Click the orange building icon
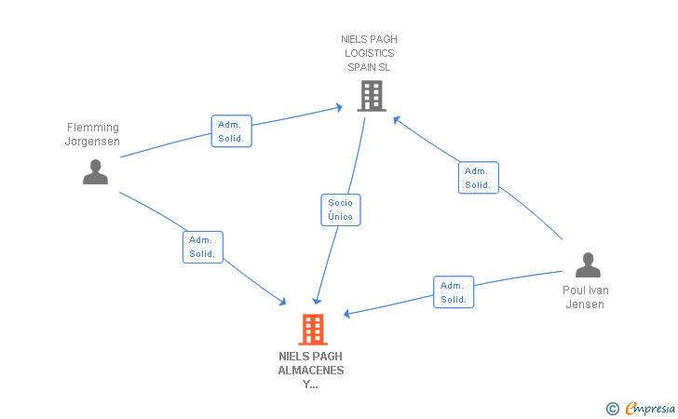pyautogui.click(x=313, y=329)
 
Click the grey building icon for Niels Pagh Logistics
pyautogui.click(x=372, y=96)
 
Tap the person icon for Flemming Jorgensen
pyautogui.click(x=96, y=172)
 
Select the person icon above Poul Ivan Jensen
pyautogui.click(x=588, y=264)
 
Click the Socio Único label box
pyautogui.click(x=341, y=209)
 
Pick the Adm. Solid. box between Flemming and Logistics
pyautogui.click(x=231, y=131)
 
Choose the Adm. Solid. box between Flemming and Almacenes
pyautogui.click(x=203, y=247)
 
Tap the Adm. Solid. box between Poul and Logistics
pyautogui.click(x=479, y=178)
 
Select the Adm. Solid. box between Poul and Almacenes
pyautogui.click(x=454, y=291)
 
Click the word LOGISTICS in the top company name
pyautogui.click(x=369, y=53)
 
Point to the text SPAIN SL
pyautogui.click(x=369, y=67)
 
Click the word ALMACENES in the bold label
pyautogui.click(x=311, y=371)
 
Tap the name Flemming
pyautogui.click(x=93, y=128)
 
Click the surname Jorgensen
pyautogui.click(x=92, y=142)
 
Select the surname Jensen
pyautogui.click(x=585, y=304)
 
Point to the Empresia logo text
pyautogui.click(x=650, y=408)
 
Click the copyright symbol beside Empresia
pyautogui.click(x=613, y=409)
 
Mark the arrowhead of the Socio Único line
pyautogui.click(x=317, y=300)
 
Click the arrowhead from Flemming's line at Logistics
pyautogui.click(x=339, y=107)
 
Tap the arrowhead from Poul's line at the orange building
pyautogui.click(x=347, y=314)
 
